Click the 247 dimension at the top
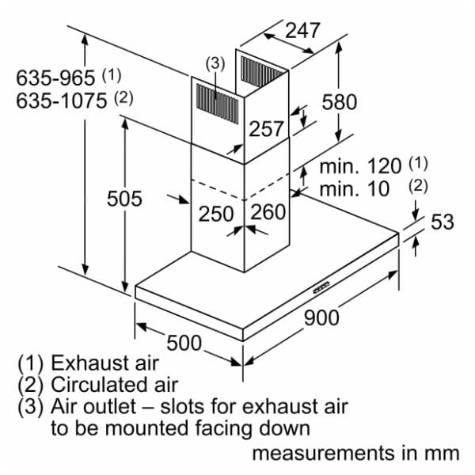click(x=302, y=30)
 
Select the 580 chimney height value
click(x=340, y=102)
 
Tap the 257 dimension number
click(x=266, y=128)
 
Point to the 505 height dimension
click(x=124, y=199)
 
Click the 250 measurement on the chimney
click(x=216, y=214)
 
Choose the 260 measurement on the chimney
click(x=268, y=211)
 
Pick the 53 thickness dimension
click(x=443, y=222)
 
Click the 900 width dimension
click(x=321, y=317)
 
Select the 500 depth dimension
click(x=184, y=343)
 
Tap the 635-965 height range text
click(x=55, y=78)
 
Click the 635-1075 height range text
click(x=62, y=101)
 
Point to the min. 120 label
click(x=360, y=166)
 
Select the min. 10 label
click(x=355, y=188)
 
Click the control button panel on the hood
click(x=321, y=287)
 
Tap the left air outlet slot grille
click(x=217, y=104)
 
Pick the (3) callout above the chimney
click(x=215, y=64)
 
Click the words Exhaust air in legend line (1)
click(x=104, y=363)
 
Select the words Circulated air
click(x=114, y=385)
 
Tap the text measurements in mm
click(x=356, y=454)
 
